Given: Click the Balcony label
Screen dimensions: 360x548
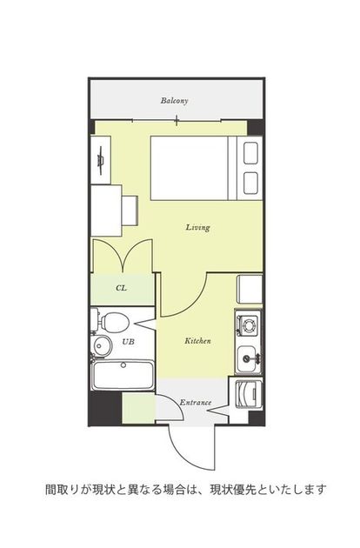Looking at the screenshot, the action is [174, 101].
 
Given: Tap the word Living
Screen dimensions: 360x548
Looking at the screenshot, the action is [197, 228].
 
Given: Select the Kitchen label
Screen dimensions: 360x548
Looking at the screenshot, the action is [197, 340].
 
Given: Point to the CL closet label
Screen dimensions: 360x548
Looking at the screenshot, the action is [121, 288].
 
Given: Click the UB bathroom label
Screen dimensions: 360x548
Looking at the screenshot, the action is [129, 342].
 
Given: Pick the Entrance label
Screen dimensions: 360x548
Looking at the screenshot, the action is [196, 402].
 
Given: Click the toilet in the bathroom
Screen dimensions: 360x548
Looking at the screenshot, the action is [112, 322].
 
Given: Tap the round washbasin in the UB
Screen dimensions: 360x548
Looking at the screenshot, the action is [102, 346].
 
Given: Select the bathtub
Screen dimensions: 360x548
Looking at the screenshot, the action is [123, 375].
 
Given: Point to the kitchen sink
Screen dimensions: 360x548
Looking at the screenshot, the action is [248, 358].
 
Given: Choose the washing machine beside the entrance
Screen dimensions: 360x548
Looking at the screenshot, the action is [249, 395].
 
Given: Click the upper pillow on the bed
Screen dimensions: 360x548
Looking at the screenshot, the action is [250, 153].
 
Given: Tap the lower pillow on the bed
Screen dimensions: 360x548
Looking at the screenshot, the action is [250, 183].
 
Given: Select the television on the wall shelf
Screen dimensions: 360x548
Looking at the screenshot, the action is [101, 161].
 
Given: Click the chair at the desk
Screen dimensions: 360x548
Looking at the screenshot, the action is [130, 211].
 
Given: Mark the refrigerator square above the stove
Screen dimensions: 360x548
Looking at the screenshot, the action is [250, 289].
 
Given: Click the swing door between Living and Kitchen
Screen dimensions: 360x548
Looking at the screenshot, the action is [184, 296].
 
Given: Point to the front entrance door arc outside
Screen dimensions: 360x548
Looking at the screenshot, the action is [191, 448].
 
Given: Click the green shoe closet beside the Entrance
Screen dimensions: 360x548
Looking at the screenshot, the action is [139, 409].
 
